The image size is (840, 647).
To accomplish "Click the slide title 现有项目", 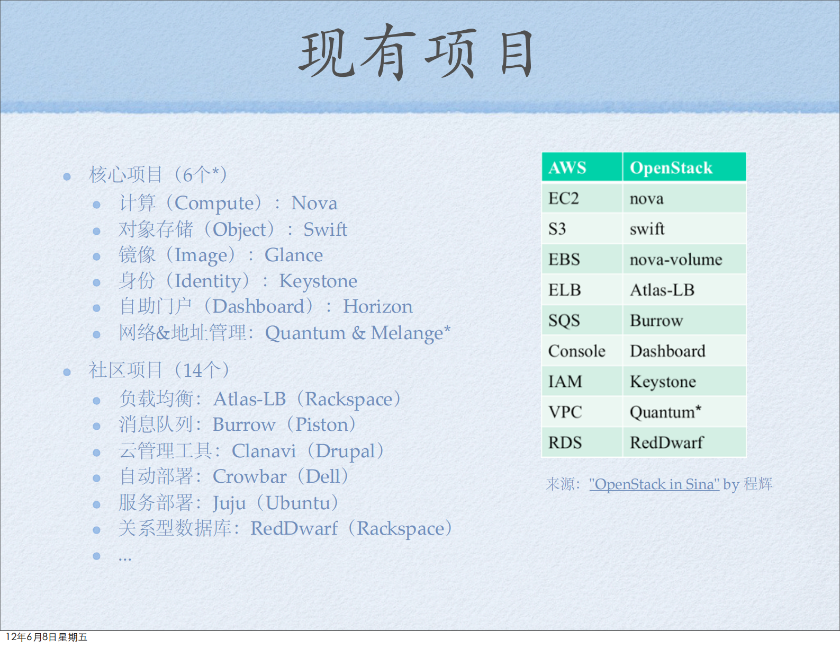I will point(417,53).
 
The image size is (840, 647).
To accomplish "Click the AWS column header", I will point(567,167).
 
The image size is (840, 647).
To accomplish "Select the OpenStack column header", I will point(671,167).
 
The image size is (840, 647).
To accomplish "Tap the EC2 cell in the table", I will point(564,198).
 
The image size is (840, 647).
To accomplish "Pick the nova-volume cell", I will point(676,259).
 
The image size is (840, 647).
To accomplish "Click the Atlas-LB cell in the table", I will point(662,290).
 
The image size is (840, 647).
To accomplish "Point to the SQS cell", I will point(564,321).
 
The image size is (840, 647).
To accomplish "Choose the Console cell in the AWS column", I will point(576,351).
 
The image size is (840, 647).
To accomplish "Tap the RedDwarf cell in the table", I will point(666,442).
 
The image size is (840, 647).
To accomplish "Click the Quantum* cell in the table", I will point(665,412).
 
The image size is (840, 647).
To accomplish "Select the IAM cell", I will point(565,382).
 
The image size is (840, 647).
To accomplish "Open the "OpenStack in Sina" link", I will point(654,484).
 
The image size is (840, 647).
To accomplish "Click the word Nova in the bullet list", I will point(314,203).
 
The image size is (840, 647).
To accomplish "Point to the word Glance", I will point(294,255).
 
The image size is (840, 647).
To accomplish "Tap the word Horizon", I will point(377,306).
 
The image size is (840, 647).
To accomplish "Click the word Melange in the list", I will point(407,333).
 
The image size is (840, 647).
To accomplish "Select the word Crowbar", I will point(249,476).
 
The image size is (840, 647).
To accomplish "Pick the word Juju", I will point(229,503).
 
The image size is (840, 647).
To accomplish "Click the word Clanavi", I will point(264,451).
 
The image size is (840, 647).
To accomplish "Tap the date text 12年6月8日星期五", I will point(47,637).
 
